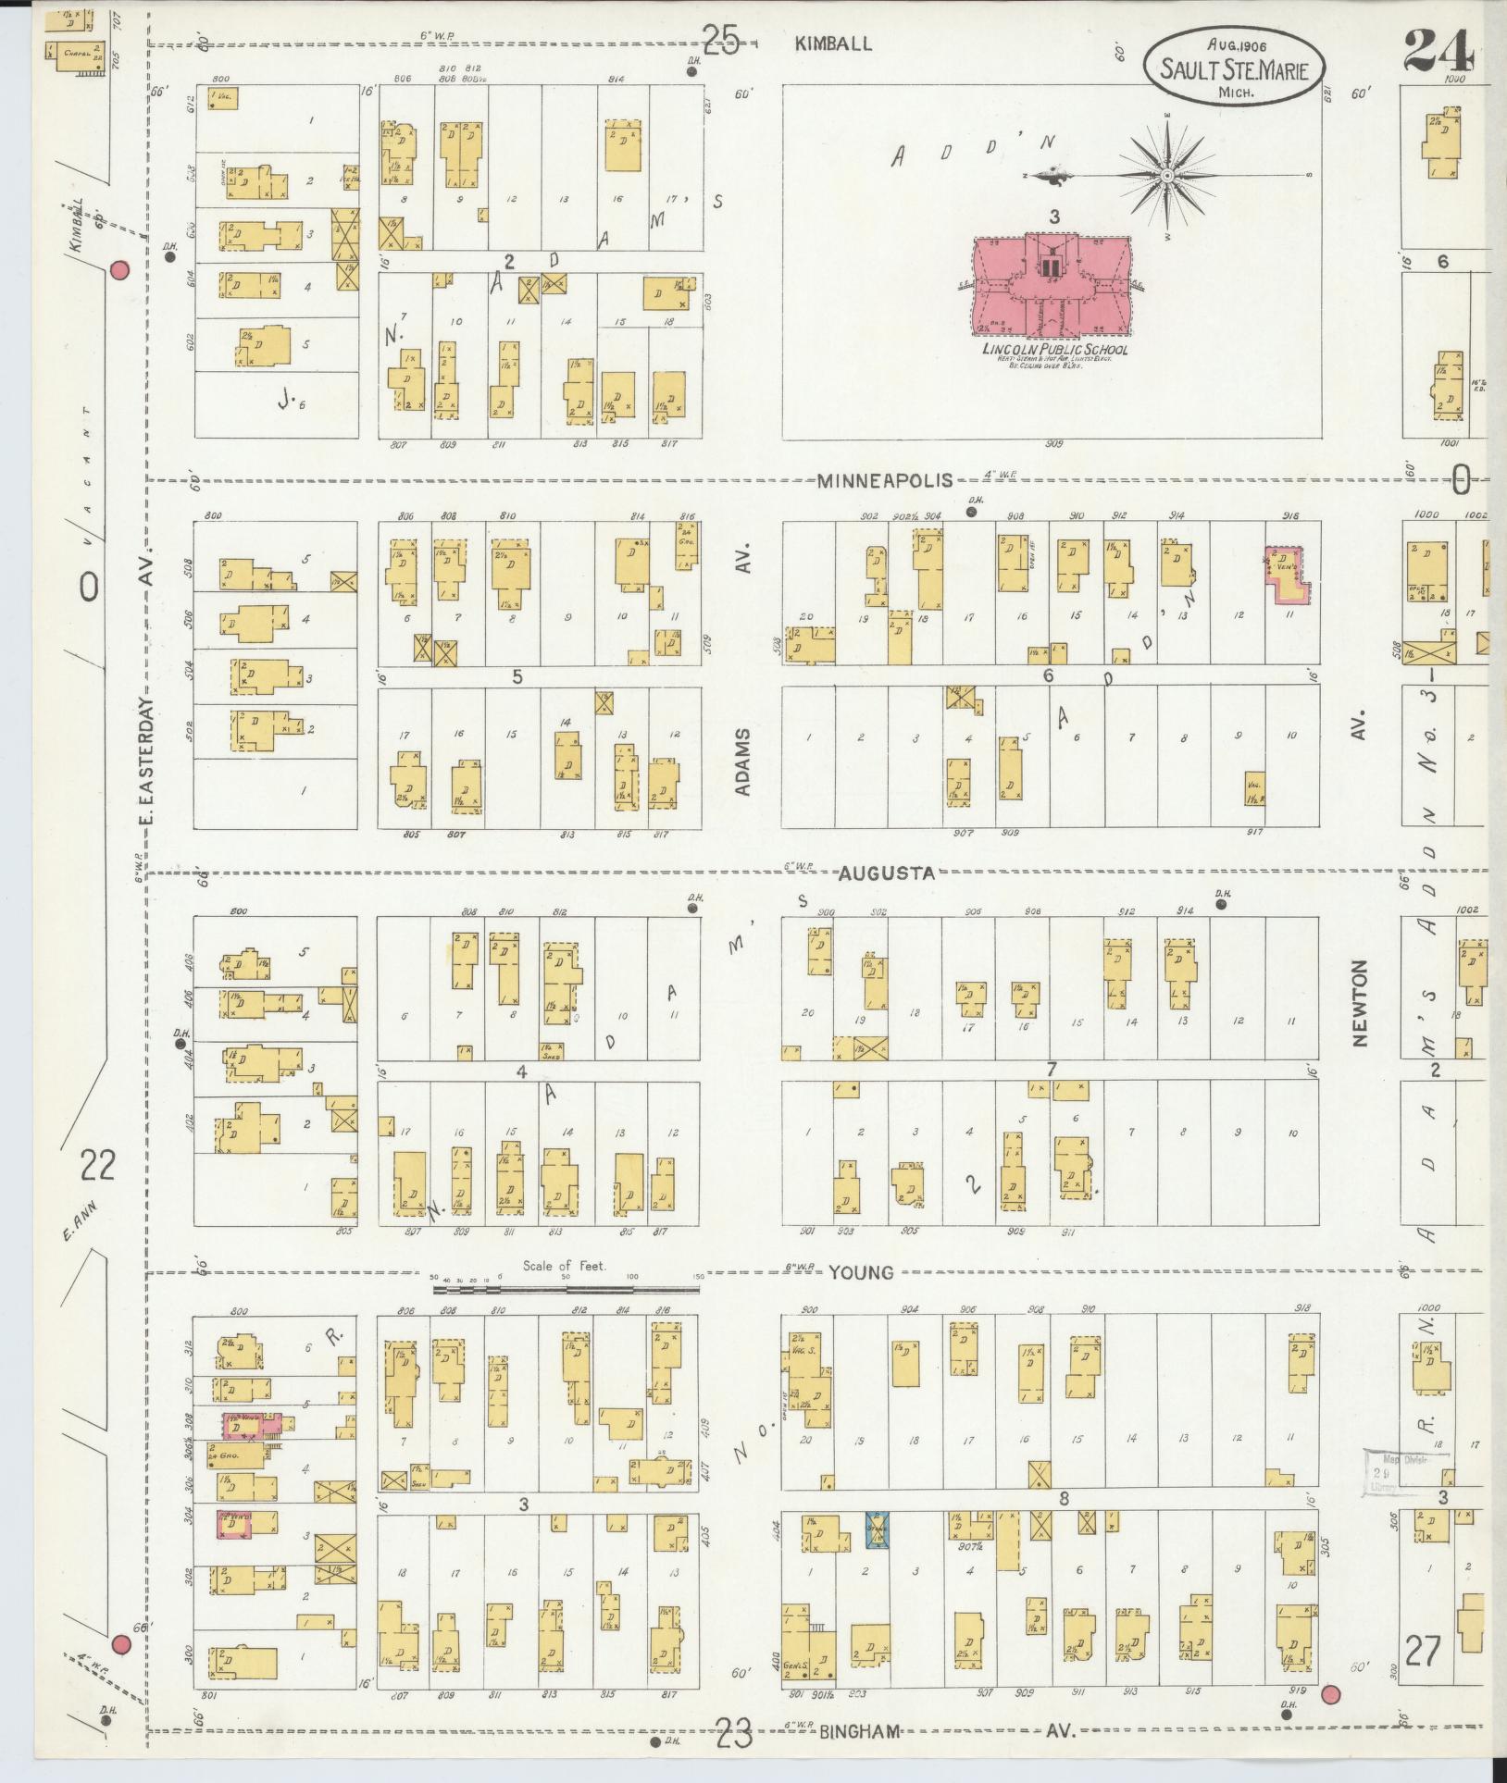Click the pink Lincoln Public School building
click(1053, 287)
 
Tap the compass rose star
click(1167, 175)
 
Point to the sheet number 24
click(1438, 53)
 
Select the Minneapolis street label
click(885, 479)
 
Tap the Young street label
click(861, 1272)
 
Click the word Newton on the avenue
click(1360, 1003)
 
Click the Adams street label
click(746, 761)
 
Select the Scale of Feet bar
click(567, 1288)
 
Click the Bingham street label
click(859, 1731)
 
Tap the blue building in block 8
click(875, 1529)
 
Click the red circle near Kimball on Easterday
click(118, 270)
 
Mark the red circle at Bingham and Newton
click(1331, 1694)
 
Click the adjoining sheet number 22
click(96, 1165)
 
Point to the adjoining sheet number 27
click(1422, 1650)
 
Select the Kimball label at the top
click(833, 43)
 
